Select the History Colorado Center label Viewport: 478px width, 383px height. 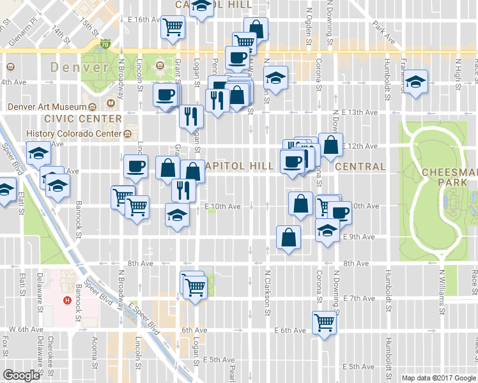(73, 133)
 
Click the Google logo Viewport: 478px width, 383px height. (21, 375)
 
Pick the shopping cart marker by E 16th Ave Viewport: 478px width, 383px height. (173, 27)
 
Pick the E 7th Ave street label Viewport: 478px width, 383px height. (358, 298)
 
